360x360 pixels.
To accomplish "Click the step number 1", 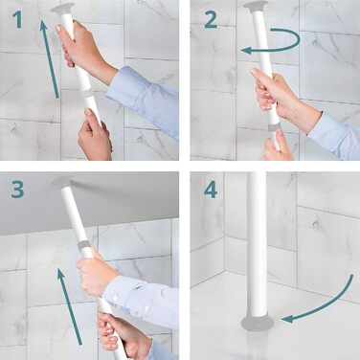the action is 17,20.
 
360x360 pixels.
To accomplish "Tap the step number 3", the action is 17,189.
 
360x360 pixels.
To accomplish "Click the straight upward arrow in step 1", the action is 49,57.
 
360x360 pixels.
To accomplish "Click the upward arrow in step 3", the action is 70,306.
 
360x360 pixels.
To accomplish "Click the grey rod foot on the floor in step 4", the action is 258,323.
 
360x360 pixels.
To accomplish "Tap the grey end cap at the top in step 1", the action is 63,9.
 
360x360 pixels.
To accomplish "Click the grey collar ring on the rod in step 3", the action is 84,246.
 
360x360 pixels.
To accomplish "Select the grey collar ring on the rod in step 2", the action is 274,126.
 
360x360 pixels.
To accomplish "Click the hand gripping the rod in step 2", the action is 281,96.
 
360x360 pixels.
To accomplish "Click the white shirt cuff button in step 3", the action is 146,308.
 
